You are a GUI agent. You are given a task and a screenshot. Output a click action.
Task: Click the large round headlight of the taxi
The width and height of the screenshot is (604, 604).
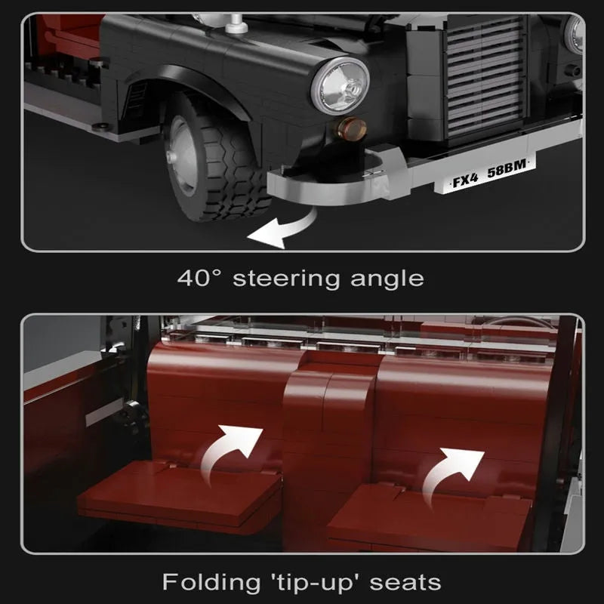pos(341,86)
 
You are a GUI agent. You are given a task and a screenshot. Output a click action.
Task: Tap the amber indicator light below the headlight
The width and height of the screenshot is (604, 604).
pos(350,129)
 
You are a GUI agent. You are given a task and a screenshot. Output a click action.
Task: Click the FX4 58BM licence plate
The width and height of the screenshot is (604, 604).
pos(485,174)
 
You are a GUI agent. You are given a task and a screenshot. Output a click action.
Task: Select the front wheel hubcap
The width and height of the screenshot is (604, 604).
pos(180,156)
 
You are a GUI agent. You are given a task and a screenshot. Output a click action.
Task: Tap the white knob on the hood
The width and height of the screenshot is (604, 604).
pos(236,24)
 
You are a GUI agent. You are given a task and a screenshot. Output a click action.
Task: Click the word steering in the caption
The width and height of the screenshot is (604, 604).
pos(287,279)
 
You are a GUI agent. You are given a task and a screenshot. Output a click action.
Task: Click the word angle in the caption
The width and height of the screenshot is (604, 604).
pos(387,279)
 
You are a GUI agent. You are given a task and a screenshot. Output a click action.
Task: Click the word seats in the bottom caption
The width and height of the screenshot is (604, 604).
pos(405,583)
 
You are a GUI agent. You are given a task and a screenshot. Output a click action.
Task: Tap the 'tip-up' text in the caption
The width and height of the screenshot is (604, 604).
pos(315,583)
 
